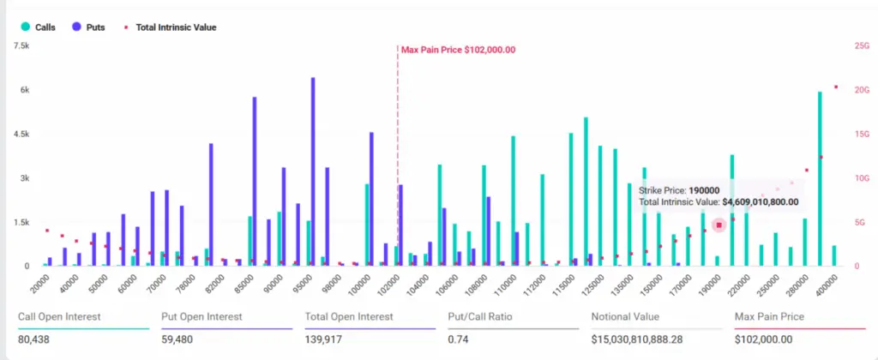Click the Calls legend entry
pyautogui.click(x=39, y=27)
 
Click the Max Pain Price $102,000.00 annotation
pyautogui.click(x=459, y=50)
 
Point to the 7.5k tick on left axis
pyautogui.click(x=21, y=45)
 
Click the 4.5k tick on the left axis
pyautogui.click(x=21, y=135)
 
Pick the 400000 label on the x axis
pyautogui.click(x=825, y=281)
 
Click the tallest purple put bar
pyautogui.click(x=313, y=171)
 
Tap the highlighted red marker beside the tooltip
pyautogui.click(x=719, y=225)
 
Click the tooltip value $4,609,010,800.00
pyautogui.click(x=761, y=202)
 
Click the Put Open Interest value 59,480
pyautogui.click(x=179, y=339)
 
